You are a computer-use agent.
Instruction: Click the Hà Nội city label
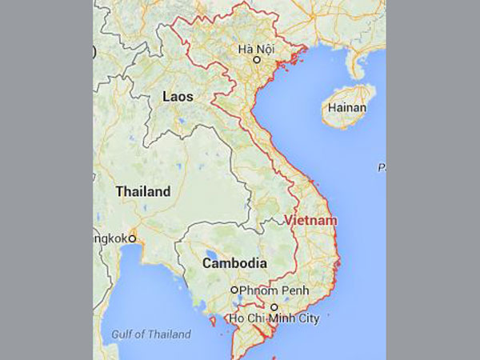coord(256,48)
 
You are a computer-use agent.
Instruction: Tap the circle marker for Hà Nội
coord(257,60)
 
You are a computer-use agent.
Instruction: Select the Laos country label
coord(177,97)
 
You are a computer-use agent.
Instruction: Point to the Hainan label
coord(348,108)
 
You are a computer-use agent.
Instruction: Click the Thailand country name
coord(143,192)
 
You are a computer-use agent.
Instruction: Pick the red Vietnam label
coord(310,220)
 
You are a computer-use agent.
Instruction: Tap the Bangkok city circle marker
coord(133,238)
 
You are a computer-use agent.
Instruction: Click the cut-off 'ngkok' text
coord(111,238)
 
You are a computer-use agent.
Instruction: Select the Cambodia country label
coord(234,263)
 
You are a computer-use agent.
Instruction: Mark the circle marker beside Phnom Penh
coord(234,290)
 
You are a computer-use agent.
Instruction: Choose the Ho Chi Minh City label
coord(274,319)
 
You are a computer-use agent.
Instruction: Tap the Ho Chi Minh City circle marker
coord(274,307)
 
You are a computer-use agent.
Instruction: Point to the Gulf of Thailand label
coord(152,334)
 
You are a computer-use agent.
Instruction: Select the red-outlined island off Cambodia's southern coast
coord(212,322)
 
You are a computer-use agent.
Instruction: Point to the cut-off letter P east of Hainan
coord(382,168)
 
